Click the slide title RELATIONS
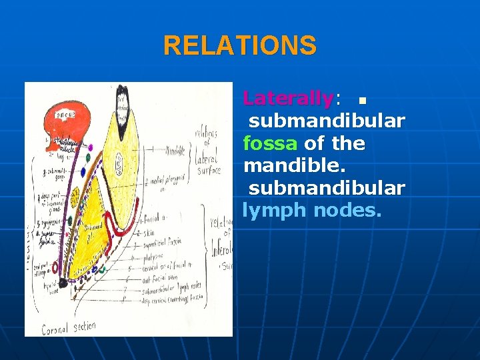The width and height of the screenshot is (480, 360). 240,46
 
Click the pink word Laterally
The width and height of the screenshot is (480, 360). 288,99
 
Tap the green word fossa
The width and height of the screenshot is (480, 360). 271,143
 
